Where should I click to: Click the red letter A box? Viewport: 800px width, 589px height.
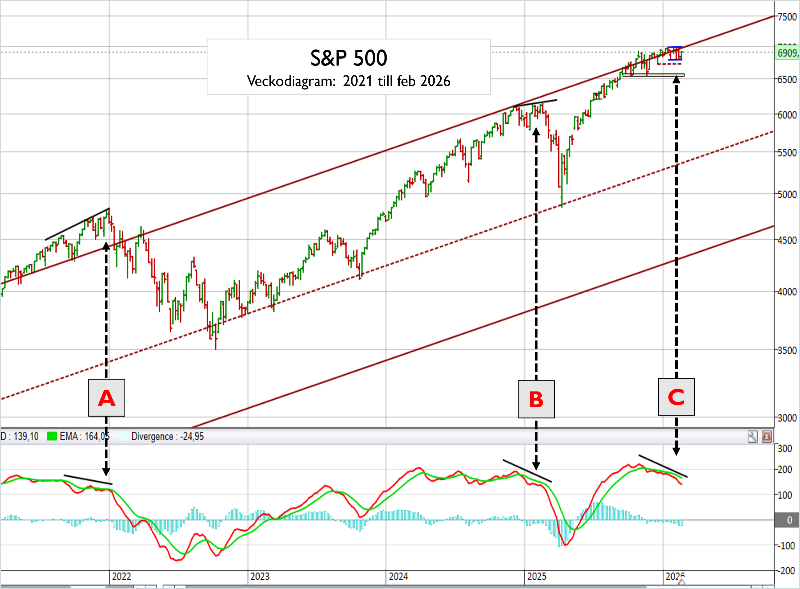pyautogui.click(x=107, y=398)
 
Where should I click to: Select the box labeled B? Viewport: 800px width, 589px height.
pyautogui.click(x=536, y=399)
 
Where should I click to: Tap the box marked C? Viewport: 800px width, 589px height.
pyautogui.click(x=676, y=397)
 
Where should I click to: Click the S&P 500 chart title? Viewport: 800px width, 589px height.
pyautogui.click(x=349, y=58)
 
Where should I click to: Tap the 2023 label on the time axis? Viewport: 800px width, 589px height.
pyautogui.click(x=260, y=577)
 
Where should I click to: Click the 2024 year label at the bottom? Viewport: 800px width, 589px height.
pyautogui.click(x=398, y=577)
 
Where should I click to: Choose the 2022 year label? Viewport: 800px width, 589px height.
pyautogui.click(x=122, y=577)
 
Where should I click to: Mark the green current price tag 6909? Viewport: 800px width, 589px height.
pyautogui.click(x=787, y=53)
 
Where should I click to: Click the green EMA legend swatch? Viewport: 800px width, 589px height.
pyautogui.click(x=52, y=436)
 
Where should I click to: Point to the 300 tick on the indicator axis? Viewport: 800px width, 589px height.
pyautogui.click(x=785, y=449)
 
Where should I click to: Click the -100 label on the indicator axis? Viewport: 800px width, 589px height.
pyautogui.click(x=785, y=546)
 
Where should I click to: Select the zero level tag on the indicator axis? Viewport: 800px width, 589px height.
pyautogui.click(x=788, y=520)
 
